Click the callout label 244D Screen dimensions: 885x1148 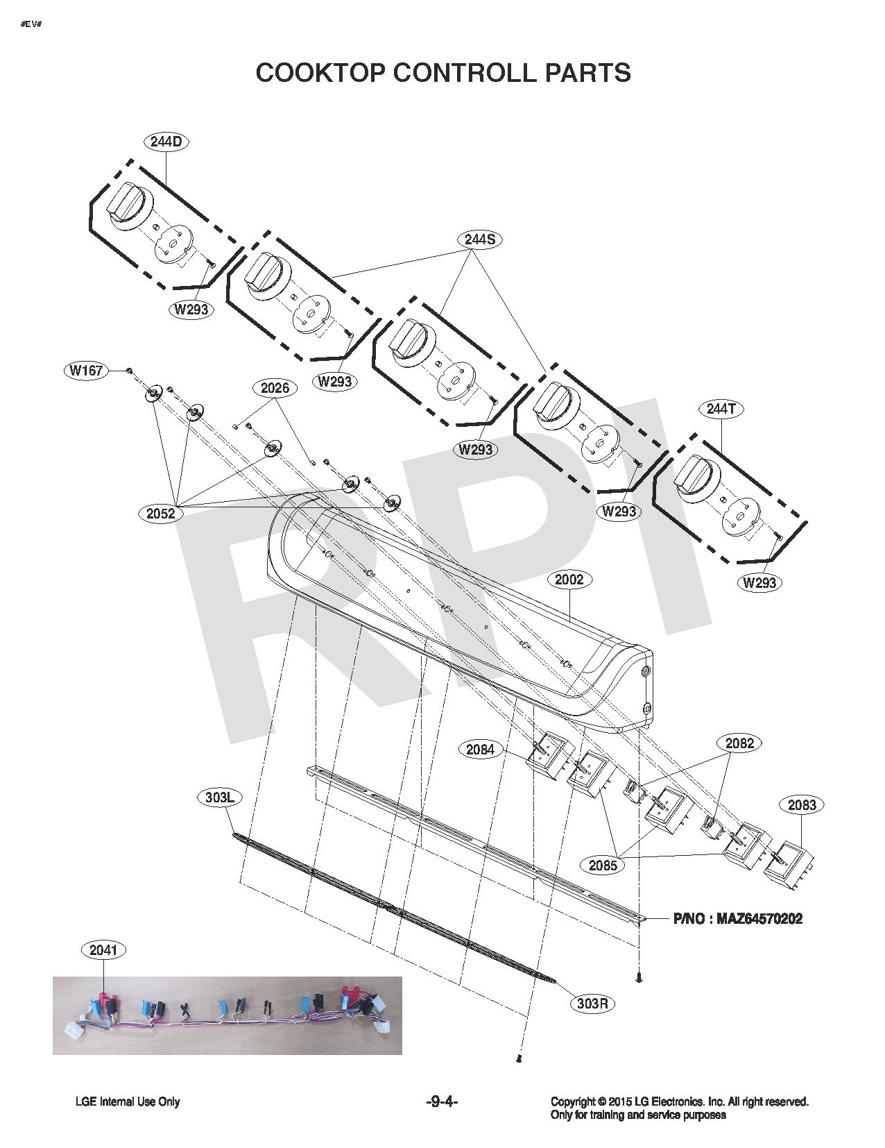click(x=166, y=142)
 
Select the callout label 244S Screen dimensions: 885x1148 click(x=479, y=239)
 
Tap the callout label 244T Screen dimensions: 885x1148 click(x=721, y=408)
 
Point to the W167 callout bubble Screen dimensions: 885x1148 click(x=87, y=371)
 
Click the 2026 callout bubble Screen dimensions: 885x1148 click(x=275, y=388)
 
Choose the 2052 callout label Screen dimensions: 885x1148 click(x=160, y=512)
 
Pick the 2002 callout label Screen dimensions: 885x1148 click(x=569, y=580)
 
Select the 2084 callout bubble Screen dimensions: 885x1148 click(x=480, y=749)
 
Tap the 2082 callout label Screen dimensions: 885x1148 click(x=739, y=743)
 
